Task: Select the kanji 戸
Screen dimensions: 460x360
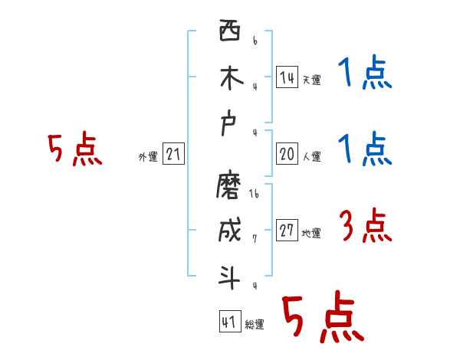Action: (x=230, y=126)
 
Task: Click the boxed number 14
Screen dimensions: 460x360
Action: (x=287, y=77)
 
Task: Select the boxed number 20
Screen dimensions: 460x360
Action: (x=287, y=154)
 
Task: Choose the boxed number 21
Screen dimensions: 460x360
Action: (x=173, y=155)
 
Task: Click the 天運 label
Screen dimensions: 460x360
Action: (x=311, y=80)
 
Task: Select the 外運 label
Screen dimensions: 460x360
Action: (x=148, y=157)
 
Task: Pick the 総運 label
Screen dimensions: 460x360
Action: (x=255, y=325)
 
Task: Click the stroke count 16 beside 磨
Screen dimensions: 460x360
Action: (x=255, y=194)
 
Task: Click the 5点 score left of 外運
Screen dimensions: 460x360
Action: (x=74, y=149)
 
